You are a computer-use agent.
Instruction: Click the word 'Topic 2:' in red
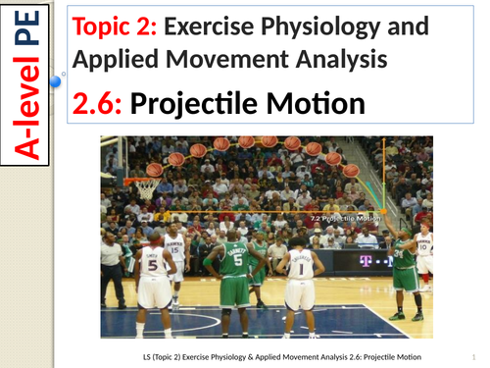click(112, 27)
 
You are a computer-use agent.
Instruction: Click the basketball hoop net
click(148, 188)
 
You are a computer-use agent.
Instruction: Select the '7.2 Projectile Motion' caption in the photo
click(343, 218)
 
